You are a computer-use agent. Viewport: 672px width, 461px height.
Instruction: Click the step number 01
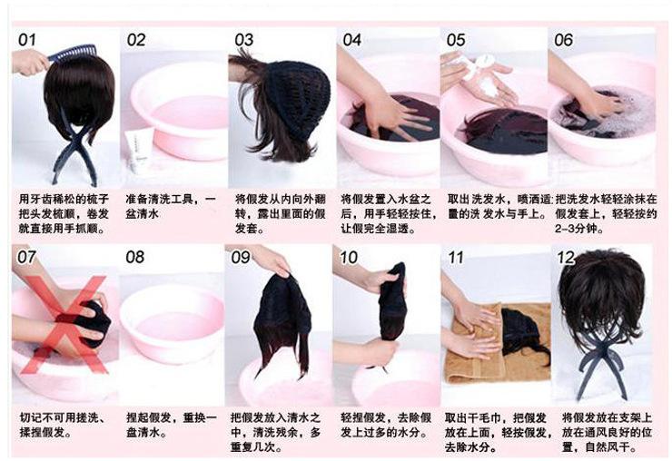26,40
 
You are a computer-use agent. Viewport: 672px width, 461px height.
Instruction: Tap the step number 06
563,40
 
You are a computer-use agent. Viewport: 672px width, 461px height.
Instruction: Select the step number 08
135,257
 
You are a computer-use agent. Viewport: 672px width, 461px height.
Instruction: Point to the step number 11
456,258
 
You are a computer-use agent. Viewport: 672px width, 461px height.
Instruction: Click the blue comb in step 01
72,54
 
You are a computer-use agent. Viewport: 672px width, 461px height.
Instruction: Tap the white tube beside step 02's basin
138,150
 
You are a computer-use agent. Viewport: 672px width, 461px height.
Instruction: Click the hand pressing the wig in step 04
377,103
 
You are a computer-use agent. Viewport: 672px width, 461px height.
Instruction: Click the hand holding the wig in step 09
270,259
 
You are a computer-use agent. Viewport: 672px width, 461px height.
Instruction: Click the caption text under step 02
171,207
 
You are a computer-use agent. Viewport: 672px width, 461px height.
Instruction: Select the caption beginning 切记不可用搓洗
62,425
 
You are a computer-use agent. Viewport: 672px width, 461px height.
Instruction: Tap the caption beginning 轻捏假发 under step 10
386,425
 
